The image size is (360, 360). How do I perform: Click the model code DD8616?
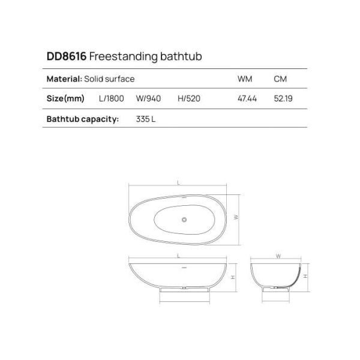tap(66, 57)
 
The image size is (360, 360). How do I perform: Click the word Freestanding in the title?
tap(116, 57)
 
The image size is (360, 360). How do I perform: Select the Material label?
tap(64, 79)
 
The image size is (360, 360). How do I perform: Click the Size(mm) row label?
tap(65, 98)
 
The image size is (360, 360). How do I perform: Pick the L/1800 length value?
tap(111, 98)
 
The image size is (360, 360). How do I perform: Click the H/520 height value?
tap(189, 98)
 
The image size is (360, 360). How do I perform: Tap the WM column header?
tap(245, 79)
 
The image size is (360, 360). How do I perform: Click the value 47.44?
tap(247, 98)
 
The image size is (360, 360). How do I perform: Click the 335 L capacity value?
tap(146, 119)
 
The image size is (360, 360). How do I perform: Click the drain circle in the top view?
tap(185, 219)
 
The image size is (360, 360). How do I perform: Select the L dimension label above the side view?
tap(179, 256)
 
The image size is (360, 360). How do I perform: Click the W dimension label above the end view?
tap(278, 256)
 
